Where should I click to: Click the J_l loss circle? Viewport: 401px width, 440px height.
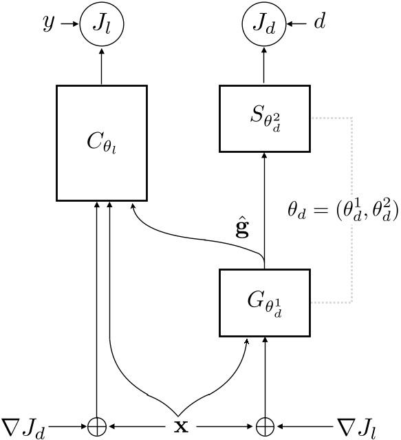pos(102,26)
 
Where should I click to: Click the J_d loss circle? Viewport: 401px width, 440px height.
pos(264,26)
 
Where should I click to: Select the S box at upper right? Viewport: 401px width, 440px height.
pos(264,118)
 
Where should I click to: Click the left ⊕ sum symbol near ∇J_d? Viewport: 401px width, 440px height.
pos(97,426)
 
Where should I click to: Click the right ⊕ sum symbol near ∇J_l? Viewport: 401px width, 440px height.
pos(264,426)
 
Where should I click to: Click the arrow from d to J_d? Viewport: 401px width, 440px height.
pos(297,26)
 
